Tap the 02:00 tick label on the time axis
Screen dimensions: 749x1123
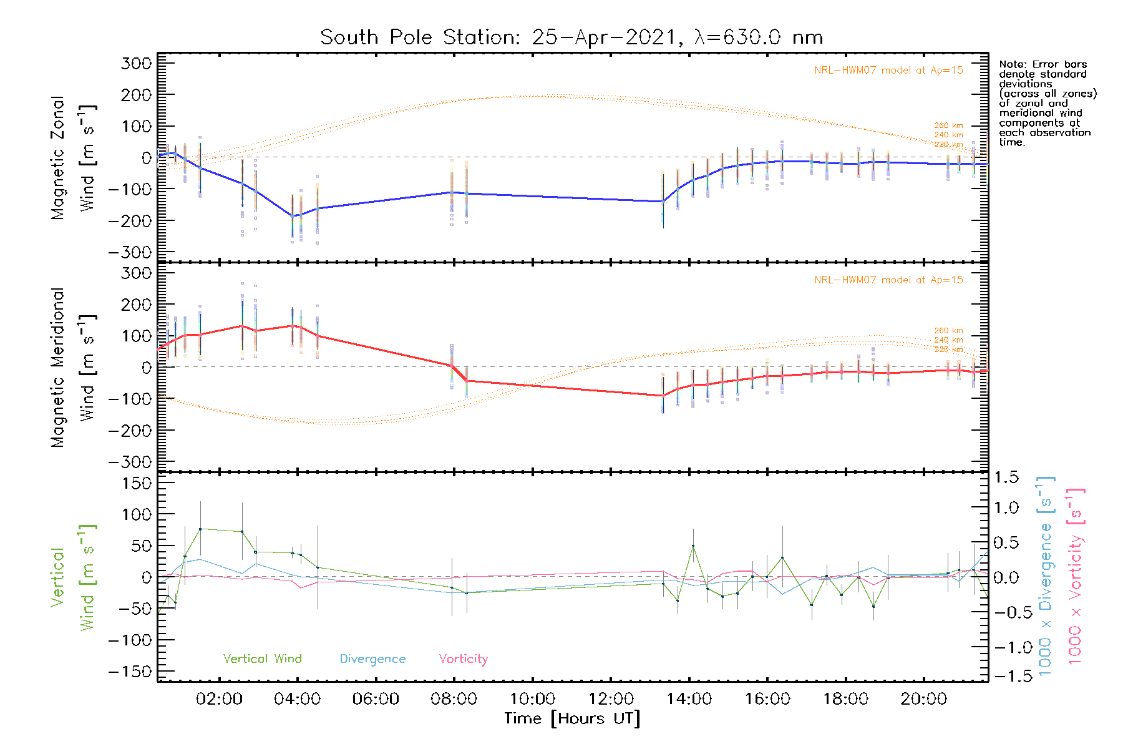pyautogui.click(x=219, y=699)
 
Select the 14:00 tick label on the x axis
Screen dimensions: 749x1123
pyautogui.click(x=689, y=699)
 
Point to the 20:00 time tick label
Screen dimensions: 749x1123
pyautogui.click(x=923, y=699)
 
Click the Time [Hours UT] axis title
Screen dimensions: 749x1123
pyautogui.click(x=572, y=718)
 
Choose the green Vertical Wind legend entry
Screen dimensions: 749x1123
pyautogui.click(x=262, y=658)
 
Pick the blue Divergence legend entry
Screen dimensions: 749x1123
pyautogui.click(x=372, y=658)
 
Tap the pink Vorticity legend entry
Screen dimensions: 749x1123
pyautogui.click(x=463, y=658)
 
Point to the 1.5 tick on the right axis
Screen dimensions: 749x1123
pyautogui.click(x=1006, y=477)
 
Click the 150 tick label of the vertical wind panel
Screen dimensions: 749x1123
pyautogui.click(x=137, y=483)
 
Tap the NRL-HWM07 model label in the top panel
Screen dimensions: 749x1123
pyautogui.click(x=888, y=70)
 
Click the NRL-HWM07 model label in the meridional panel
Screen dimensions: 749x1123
pyautogui.click(x=888, y=280)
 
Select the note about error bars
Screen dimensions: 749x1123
pyautogui.click(x=1047, y=103)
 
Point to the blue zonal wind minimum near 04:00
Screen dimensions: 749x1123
pyautogui.click(x=292, y=216)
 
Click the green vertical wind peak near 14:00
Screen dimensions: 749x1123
pyautogui.click(x=693, y=546)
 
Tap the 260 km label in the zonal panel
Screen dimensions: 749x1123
pyautogui.click(x=948, y=125)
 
